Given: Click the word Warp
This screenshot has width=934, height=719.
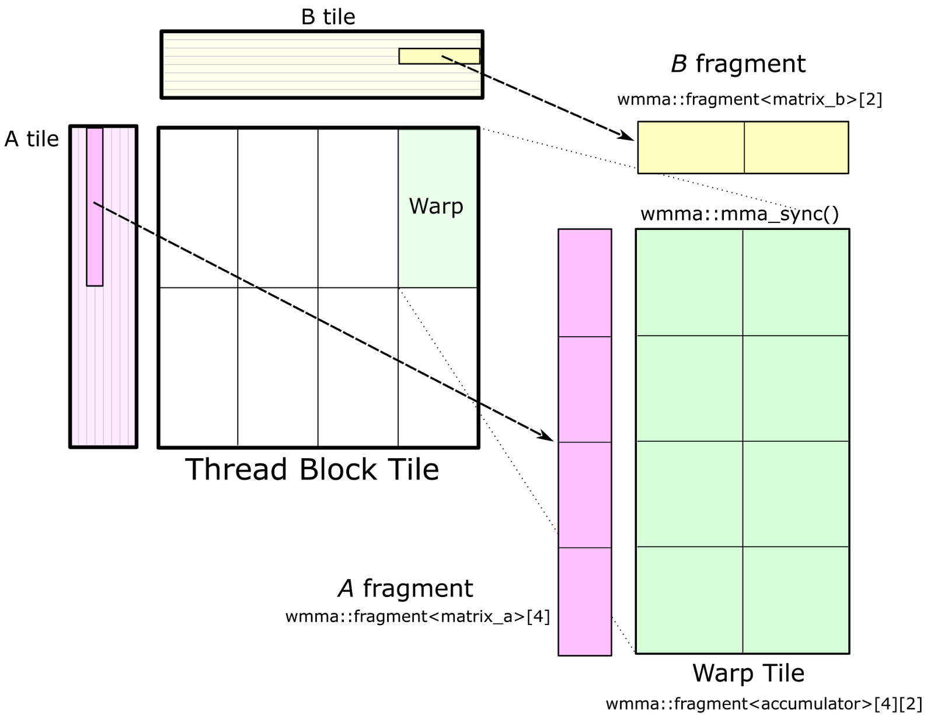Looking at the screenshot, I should [436, 207].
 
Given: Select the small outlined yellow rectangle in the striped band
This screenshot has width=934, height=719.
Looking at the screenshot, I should [420, 56].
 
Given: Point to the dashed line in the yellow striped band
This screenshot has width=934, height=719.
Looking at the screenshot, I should [461, 64].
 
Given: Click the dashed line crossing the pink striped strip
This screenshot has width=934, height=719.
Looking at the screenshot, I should [114, 213].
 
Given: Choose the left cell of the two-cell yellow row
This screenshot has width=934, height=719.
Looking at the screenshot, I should [691, 148].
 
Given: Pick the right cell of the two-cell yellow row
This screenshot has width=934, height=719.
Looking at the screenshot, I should [796, 148].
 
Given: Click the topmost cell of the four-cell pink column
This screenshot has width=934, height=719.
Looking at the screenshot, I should [585, 283].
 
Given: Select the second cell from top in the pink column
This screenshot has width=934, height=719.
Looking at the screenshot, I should [585, 389].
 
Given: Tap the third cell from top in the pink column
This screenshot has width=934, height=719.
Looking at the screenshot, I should [585, 495].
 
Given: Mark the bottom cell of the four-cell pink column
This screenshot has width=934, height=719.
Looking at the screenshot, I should [585, 601].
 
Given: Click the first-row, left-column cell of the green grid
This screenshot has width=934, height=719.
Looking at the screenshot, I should [689, 282].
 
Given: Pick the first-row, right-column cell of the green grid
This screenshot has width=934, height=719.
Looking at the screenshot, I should [796, 282].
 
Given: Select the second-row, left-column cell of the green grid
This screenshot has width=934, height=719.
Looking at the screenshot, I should [689, 388].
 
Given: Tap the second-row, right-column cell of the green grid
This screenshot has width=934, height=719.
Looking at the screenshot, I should [796, 388].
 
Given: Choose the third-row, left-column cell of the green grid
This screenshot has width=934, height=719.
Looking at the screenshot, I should [689, 494].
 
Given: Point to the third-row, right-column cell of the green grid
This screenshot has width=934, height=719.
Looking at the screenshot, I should [796, 494].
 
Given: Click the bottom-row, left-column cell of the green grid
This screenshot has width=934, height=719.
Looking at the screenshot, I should [689, 599].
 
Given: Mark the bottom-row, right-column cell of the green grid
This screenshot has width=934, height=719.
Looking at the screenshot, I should [796, 599].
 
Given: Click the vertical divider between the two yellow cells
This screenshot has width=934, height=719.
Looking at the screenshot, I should [744, 148].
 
